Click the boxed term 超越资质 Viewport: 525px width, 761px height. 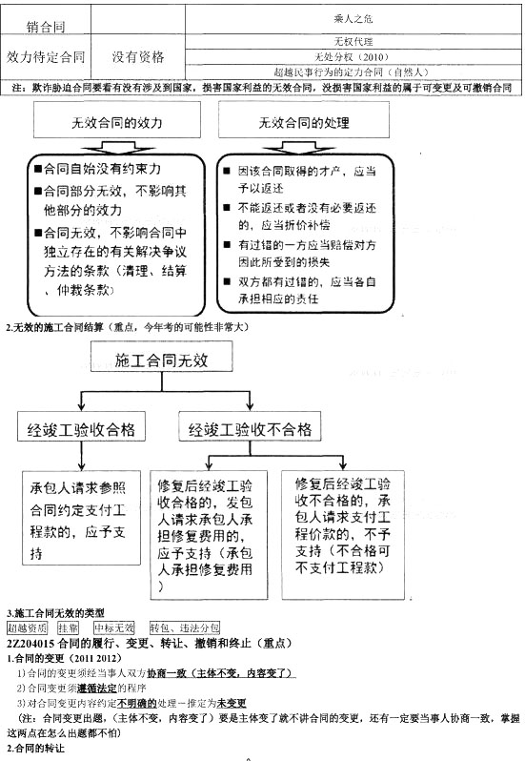[27, 627]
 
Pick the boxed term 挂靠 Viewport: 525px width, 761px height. [67, 627]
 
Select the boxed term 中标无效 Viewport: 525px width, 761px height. [113, 627]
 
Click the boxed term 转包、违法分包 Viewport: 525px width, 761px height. [185, 627]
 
